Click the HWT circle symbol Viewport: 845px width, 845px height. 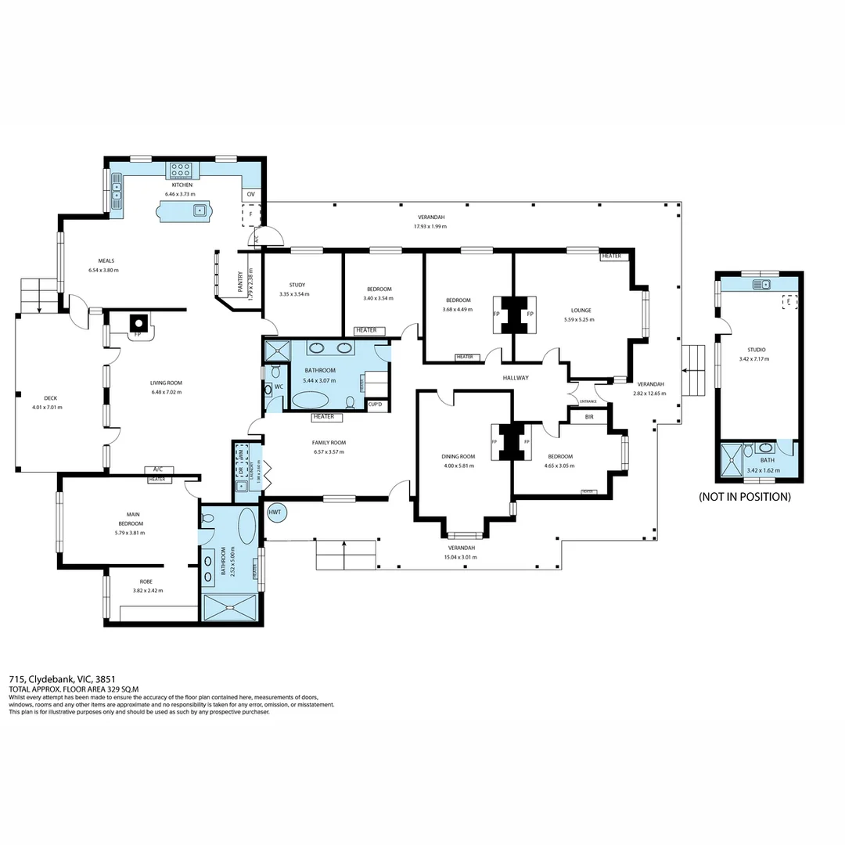tap(275, 512)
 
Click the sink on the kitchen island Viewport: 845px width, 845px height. tap(200, 210)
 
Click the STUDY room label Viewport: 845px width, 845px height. tap(297, 285)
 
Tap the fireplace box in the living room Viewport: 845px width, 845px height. tap(138, 322)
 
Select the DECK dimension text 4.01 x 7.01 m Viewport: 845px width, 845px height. tap(47, 407)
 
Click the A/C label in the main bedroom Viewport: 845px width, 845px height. tap(157, 470)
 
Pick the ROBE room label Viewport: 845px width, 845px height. tap(146, 581)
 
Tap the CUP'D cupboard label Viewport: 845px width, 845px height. tap(375, 404)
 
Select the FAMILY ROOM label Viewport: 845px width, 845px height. tap(329, 442)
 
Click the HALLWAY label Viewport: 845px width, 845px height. tap(516, 378)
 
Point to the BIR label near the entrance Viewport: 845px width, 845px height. tap(589, 417)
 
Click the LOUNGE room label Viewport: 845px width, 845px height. tap(581, 310)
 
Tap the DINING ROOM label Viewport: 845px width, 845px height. tap(458, 456)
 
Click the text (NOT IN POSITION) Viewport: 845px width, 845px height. tap(744, 497)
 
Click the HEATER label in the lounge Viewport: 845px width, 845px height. tap(611, 256)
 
